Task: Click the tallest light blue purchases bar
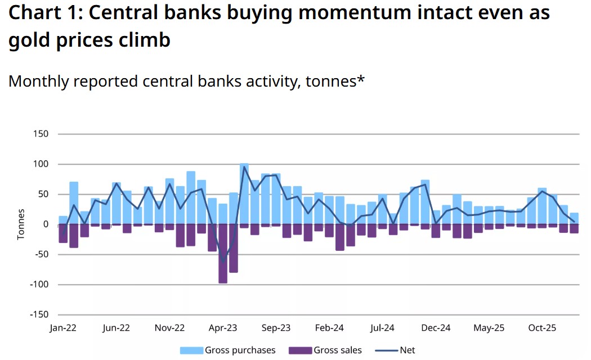tap(244, 193)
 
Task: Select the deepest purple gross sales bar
tap(223, 253)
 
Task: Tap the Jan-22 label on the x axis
tap(63, 328)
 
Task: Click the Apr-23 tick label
tap(223, 328)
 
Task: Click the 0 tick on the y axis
tap(46, 224)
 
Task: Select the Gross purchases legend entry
tap(228, 350)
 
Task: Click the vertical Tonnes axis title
tap(21, 224)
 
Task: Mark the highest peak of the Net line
tap(244, 167)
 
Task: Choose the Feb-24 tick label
tap(329, 328)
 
